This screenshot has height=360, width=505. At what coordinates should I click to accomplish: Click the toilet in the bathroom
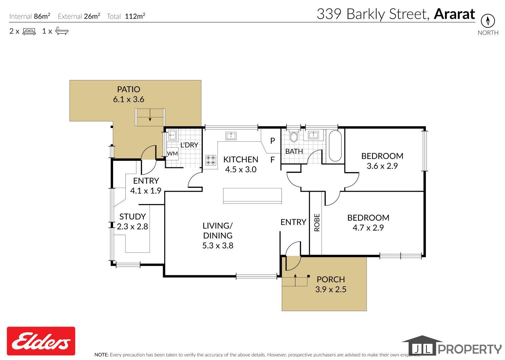point(294,136)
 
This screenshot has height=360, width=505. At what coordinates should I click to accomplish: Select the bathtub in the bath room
point(335,146)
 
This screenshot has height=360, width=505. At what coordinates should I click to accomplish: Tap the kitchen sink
point(231,136)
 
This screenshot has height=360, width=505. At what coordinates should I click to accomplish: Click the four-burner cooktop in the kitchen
point(211,160)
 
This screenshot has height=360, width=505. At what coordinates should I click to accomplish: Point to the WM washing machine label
point(172,154)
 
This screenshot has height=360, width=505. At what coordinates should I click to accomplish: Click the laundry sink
point(172,135)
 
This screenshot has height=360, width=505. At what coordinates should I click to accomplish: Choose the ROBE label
point(317,223)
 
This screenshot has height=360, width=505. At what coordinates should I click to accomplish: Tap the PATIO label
point(128,89)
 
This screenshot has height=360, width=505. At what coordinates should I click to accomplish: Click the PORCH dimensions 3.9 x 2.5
point(331,289)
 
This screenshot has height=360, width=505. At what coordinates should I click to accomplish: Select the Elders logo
point(41,341)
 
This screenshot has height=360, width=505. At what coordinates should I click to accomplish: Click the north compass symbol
point(488,21)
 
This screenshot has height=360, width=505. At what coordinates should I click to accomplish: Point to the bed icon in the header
point(29,31)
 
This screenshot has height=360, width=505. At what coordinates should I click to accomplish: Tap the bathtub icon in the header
point(62,31)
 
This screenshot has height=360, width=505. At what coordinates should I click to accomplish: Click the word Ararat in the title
point(454,14)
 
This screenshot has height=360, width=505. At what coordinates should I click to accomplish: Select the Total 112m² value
point(135,16)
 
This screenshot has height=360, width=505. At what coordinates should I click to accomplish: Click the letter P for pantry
point(273,141)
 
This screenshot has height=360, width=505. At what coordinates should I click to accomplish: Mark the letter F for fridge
point(272,160)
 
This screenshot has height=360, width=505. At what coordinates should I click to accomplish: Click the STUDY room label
point(132,216)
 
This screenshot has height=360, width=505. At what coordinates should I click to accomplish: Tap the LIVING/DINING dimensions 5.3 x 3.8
point(217,245)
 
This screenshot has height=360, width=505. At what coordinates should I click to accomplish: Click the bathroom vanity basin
point(313,135)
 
